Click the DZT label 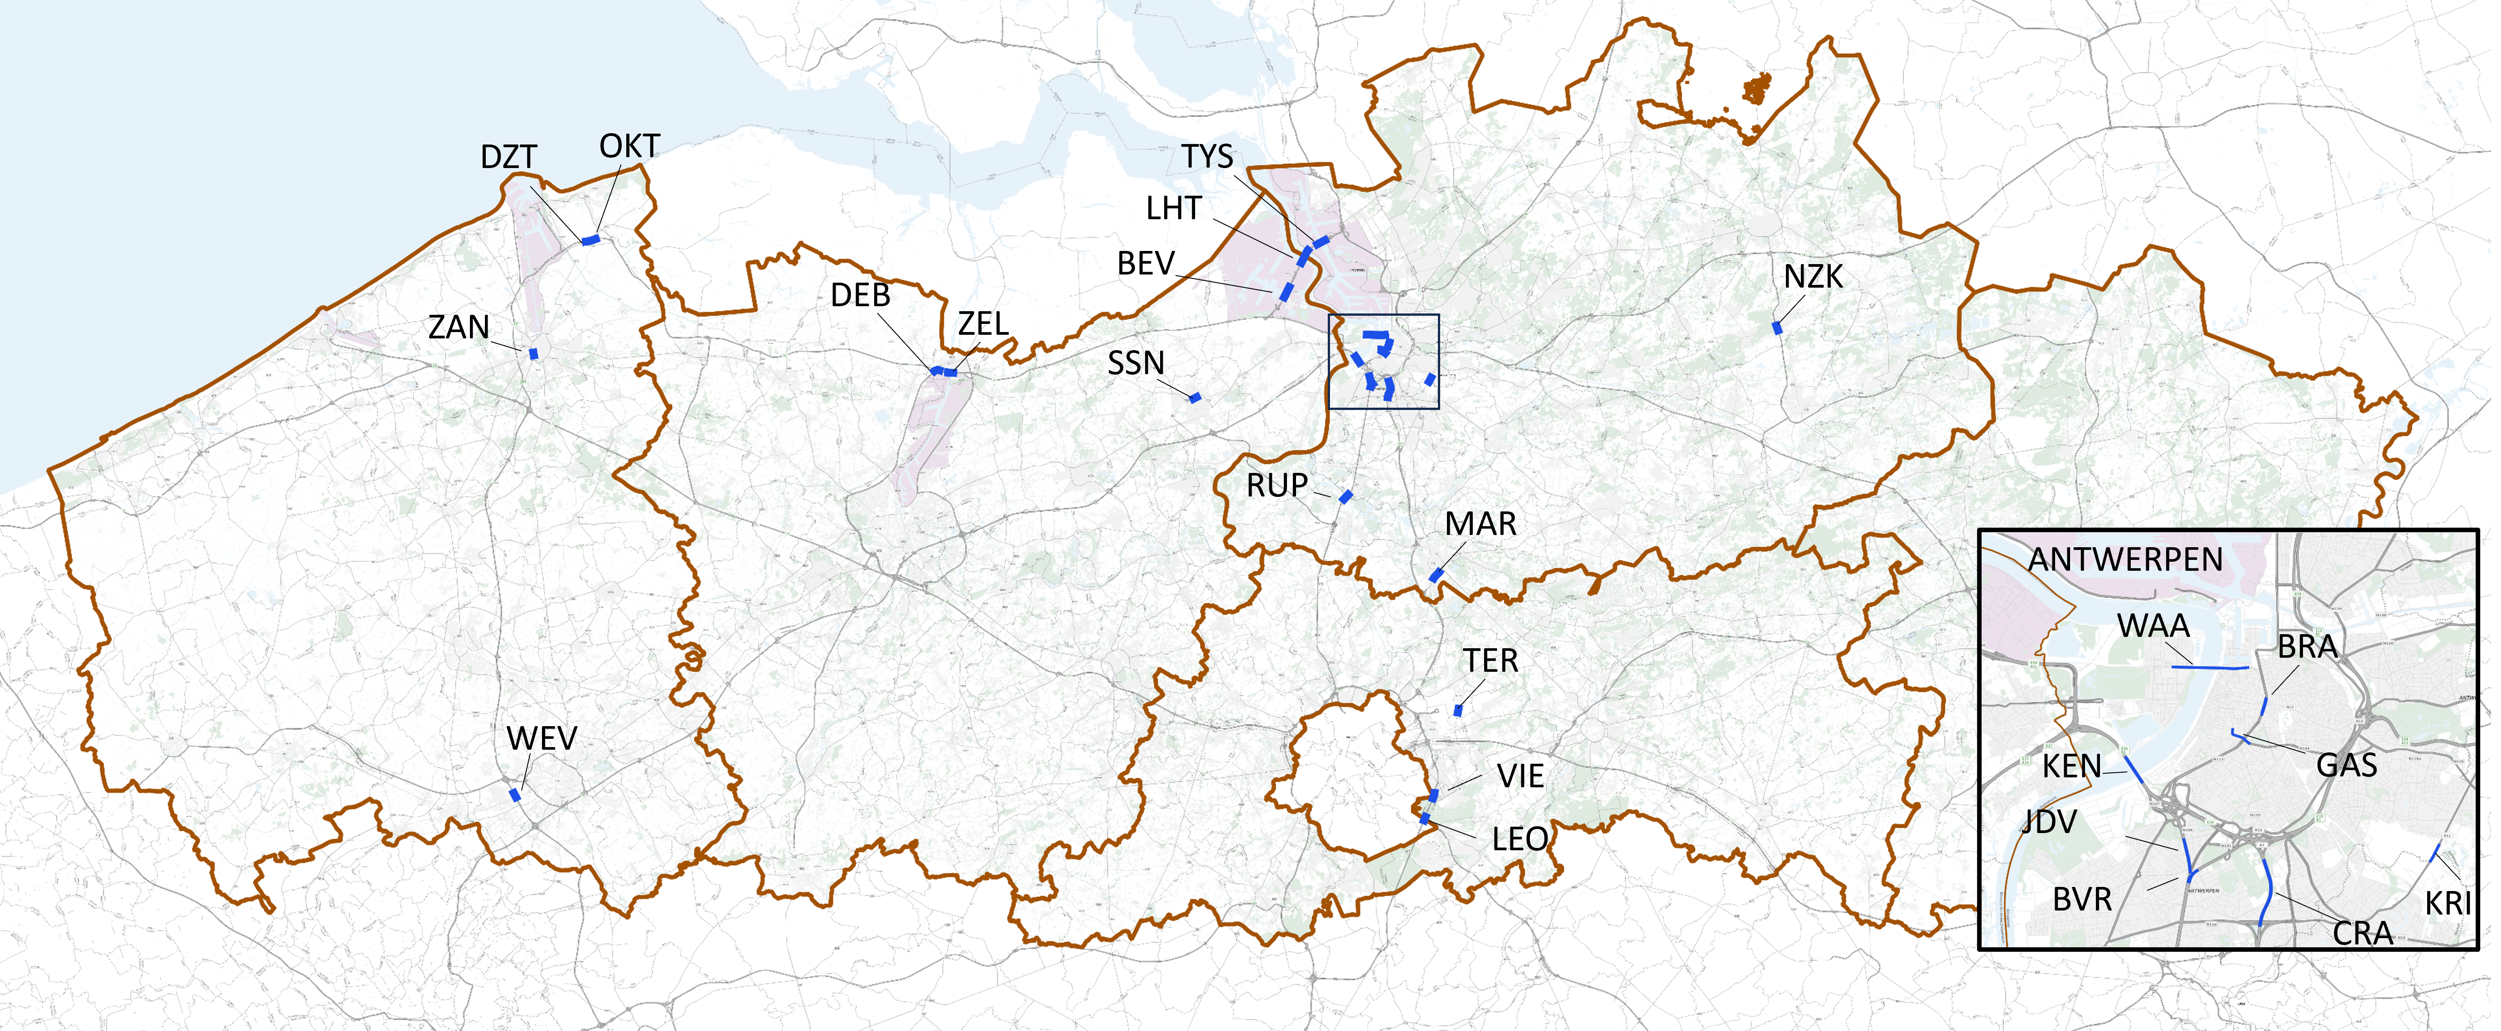pyautogui.click(x=508, y=157)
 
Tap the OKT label pyautogui.click(x=629, y=147)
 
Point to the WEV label pyautogui.click(x=541, y=739)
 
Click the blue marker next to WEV pyautogui.click(x=515, y=795)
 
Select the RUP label pyautogui.click(x=1277, y=486)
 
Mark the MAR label pyautogui.click(x=1480, y=524)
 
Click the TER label pyautogui.click(x=1490, y=661)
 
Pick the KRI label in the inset pyautogui.click(x=2448, y=904)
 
